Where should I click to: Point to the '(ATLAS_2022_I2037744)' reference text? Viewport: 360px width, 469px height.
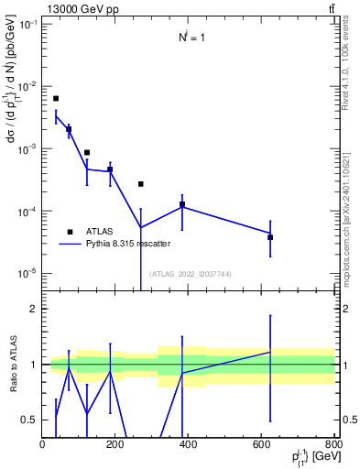191,273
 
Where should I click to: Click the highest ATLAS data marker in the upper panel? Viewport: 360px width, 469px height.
56,98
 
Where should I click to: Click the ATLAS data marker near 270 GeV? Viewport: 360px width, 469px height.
141,184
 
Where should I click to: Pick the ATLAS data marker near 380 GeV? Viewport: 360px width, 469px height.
182,204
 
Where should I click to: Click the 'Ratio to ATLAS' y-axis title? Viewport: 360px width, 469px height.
13,365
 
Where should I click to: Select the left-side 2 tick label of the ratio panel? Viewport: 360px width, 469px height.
32,310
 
